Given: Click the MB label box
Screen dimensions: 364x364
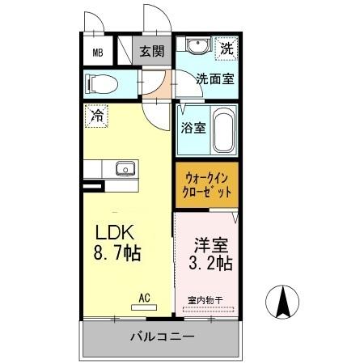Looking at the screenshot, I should (x=97, y=53).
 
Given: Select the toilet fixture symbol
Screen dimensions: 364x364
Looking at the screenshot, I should (x=104, y=83).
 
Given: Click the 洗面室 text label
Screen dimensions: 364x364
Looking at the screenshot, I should (x=215, y=80).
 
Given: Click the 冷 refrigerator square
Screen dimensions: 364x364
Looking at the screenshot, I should (x=95, y=116).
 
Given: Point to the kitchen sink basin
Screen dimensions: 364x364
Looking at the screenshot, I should (x=125, y=169).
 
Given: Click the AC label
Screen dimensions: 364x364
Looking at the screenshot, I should (x=145, y=298).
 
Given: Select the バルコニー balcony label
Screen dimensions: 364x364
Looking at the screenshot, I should (x=161, y=336).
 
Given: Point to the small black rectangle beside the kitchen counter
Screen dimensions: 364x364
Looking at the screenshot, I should (x=94, y=188).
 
